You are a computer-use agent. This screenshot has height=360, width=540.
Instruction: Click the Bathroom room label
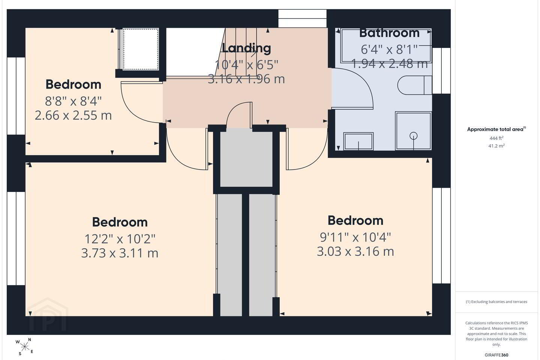tap(389, 33)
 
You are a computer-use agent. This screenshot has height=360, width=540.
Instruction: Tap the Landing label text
tap(246, 48)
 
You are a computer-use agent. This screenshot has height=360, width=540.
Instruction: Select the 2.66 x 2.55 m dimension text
tap(73, 115)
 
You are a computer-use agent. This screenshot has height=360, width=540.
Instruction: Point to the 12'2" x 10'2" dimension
tap(120, 239)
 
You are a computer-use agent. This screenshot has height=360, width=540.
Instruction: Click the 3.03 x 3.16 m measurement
tap(355, 252)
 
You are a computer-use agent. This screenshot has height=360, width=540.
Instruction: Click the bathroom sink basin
tap(358, 141)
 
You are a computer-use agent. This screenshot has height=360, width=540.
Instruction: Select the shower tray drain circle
tap(413, 136)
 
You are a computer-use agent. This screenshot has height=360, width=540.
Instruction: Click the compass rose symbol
tap(24, 347)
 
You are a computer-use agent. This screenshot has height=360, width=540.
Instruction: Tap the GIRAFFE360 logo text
tap(496, 355)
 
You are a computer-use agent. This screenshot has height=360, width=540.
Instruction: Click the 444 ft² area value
tap(496, 138)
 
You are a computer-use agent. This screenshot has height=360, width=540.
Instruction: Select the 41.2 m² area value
tap(496, 146)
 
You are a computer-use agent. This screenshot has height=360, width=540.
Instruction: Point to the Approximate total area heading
tap(496, 129)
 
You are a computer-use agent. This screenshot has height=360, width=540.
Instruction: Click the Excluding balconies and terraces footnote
tap(496, 301)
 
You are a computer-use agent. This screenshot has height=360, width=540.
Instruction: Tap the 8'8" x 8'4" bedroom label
tap(73, 101)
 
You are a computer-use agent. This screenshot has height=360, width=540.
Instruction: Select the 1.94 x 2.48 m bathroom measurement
tap(389, 64)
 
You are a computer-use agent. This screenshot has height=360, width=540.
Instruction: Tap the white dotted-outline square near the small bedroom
tap(141, 49)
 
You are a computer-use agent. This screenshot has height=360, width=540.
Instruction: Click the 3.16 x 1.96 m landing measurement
tap(246, 79)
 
